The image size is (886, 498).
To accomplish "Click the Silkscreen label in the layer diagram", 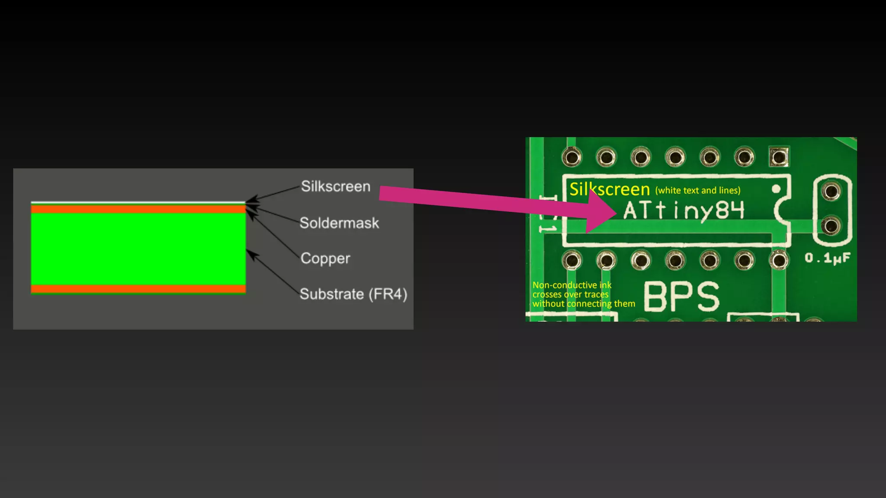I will pos(335,186).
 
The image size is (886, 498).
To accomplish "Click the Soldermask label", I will pos(339,223).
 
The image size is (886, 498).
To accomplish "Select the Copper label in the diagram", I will pos(325,259).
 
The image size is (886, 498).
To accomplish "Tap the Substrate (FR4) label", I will pos(353,294).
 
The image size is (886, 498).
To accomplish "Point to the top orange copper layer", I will pos(138,209).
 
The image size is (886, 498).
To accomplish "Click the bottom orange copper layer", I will pos(138,289).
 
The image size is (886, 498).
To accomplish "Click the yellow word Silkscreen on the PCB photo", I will pos(609,189).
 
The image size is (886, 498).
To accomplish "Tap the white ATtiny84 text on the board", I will pos(684,211).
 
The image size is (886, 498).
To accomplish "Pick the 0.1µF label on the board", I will pos(827,259).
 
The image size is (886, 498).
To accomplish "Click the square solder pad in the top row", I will pos(779,156).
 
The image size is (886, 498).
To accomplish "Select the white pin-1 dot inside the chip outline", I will pos(776,189).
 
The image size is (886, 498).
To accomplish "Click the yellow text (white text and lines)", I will pos(697,191).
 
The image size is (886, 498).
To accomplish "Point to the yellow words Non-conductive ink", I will pos(571,285).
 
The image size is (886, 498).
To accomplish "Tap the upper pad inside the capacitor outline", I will pos(831,191).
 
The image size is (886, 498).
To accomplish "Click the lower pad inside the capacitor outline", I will pos(831,226).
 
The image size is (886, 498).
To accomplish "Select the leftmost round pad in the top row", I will pos(571,156).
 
